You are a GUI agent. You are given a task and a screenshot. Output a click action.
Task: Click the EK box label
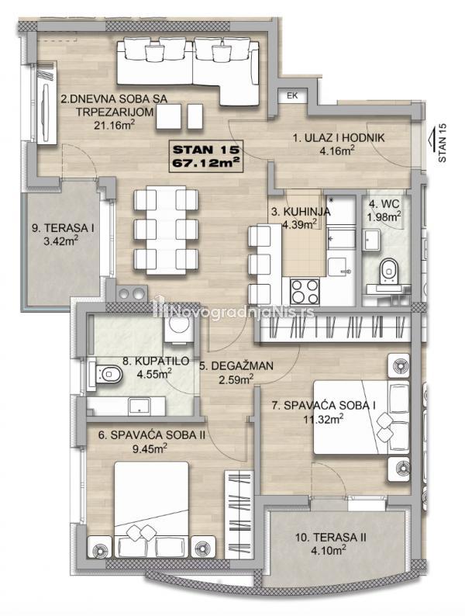click(x=292, y=95)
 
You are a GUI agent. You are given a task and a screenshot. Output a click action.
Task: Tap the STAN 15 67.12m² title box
click(x=206, y=156)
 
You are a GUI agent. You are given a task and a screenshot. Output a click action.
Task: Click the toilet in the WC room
click(x=389, y=270)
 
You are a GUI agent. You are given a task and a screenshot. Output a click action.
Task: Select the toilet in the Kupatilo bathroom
click(x=107, y=375)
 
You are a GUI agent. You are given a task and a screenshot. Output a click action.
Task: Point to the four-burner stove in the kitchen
click(x=305, y=291)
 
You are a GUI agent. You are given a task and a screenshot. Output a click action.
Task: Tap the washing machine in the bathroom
click(x=178, y=327)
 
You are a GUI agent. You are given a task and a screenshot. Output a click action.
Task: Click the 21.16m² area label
click(x=115, y=125)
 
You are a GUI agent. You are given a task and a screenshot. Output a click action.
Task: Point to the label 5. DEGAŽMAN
click(x=236, y=366)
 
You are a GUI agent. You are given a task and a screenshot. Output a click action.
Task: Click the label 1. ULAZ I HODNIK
click(x=339, y=138)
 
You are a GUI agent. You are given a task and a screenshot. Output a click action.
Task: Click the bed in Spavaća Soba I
click(x=361, y=417)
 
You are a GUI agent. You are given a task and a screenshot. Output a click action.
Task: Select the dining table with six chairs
click(x=166, y=230)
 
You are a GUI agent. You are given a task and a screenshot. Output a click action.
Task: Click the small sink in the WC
click(x=371, y=240)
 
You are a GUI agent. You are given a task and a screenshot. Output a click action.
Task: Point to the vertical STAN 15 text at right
click(x=443, y=143)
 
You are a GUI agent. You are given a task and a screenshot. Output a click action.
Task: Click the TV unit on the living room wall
click(x=46, y=103)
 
